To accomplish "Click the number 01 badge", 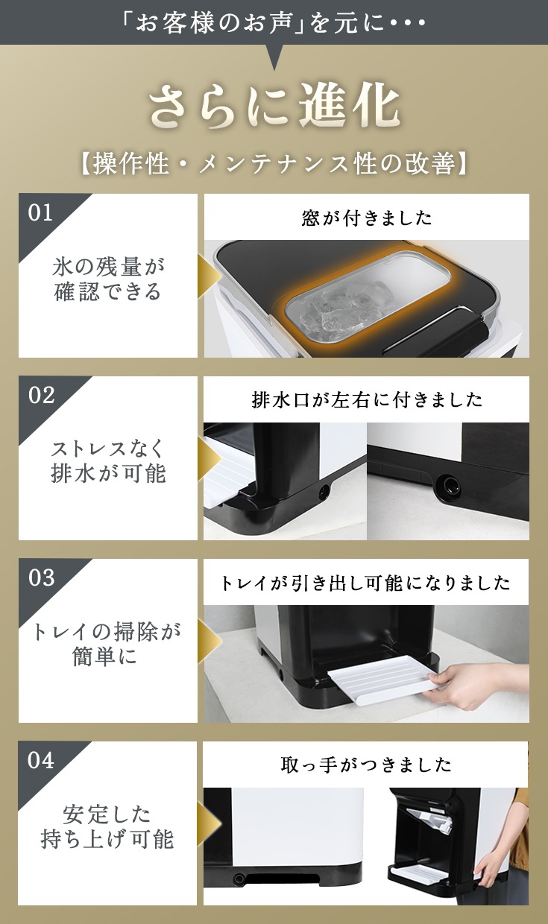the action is [x=40, y=212].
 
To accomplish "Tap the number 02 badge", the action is [x=41, y=395].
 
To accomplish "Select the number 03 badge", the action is [x=41, y=577].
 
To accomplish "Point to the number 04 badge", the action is [x=41, y=760].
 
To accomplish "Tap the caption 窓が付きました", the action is [x=366, y=218].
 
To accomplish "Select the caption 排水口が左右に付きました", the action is [x=366, y=399].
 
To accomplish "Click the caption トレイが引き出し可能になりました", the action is [x=365, y=583].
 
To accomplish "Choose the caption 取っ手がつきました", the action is [x=366, y=765].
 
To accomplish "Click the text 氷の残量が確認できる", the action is [x=108, y=279].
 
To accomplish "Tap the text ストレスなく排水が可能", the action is [x=108, y=461].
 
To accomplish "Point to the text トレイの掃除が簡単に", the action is [x=107, y=645].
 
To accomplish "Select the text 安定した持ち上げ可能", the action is [x=107, y=827].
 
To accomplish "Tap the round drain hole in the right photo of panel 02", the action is [x=449, y=483].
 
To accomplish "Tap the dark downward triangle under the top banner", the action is [x=274, y=57].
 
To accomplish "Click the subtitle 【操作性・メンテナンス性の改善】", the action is [x=274, y=164].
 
